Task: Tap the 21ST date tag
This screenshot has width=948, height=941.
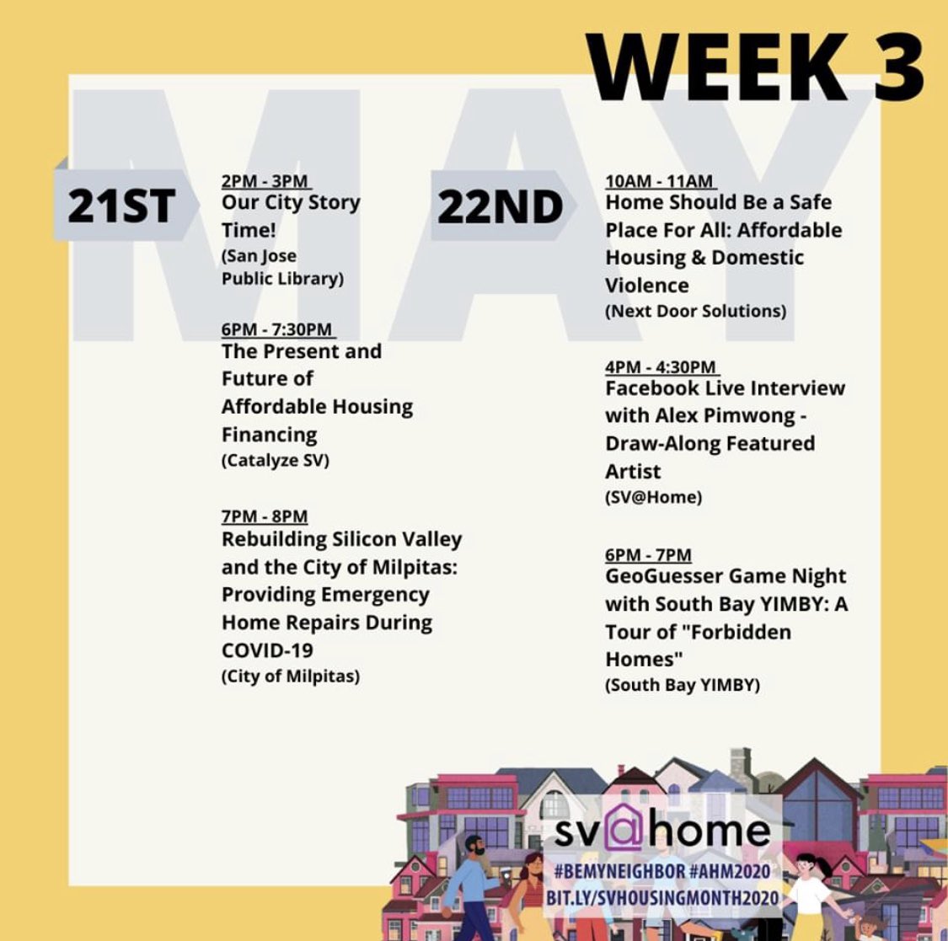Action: (121, 206)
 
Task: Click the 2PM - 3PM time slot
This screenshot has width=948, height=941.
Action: (265, 181)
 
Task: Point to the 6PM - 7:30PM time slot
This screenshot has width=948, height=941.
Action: (277, 329)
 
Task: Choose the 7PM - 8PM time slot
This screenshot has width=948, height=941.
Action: (265, 516)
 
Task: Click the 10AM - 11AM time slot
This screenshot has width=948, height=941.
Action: (659, 181)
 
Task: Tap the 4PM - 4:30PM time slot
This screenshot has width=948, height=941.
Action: (661, 366)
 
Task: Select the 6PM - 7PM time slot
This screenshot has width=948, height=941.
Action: (648, 554)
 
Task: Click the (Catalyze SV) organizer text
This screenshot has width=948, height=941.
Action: (276, 461)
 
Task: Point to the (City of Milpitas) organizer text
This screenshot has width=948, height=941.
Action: (291, 676)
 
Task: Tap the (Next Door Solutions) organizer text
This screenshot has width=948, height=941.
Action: (695, 311)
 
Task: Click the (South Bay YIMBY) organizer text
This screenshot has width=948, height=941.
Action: (683, 685)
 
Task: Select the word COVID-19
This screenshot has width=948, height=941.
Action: (267, 650)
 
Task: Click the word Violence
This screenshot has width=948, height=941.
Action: (646, 285)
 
